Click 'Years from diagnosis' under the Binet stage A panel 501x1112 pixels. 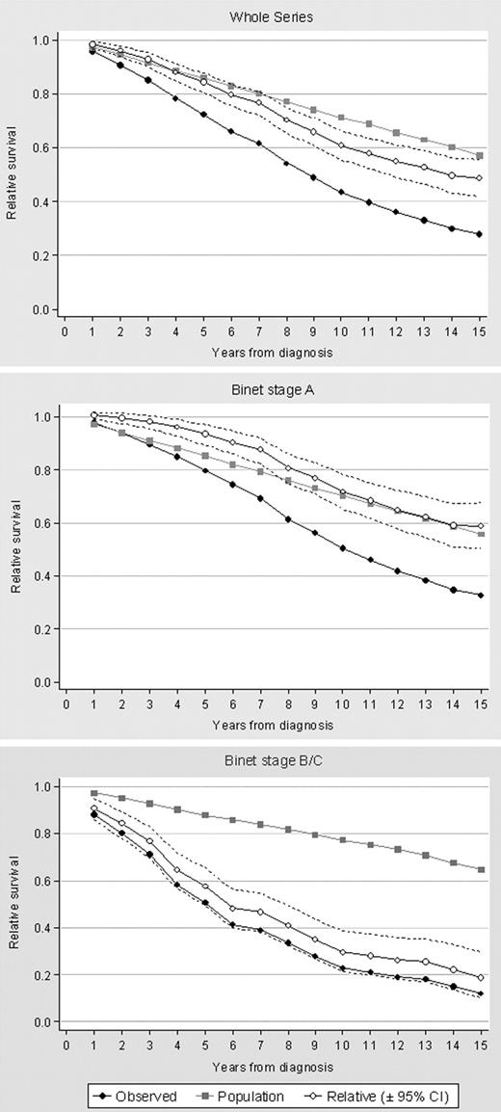(273, 724)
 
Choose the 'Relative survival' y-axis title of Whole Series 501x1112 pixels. (13, 175)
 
